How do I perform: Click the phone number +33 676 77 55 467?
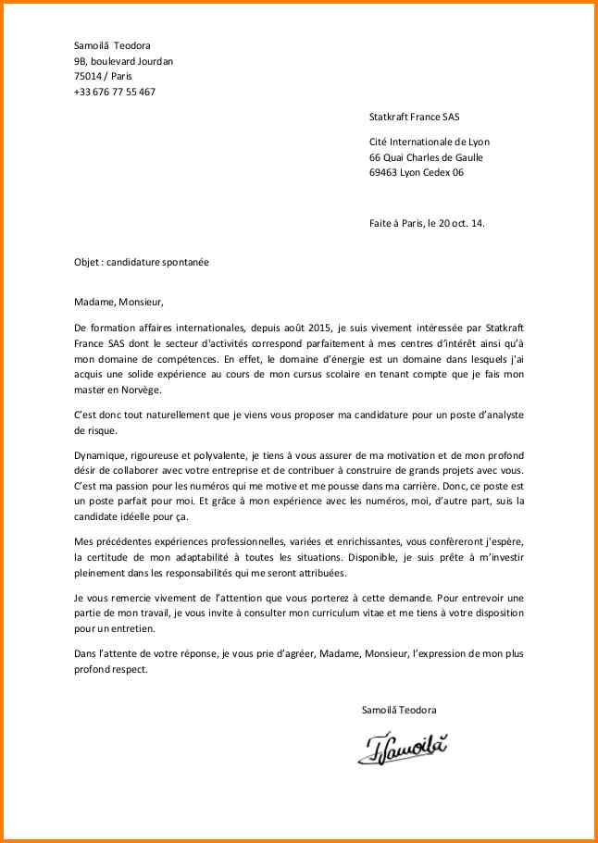[115, 92]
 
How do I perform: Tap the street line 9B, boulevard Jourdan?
[123, 62]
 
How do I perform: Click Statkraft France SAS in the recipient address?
[414, 118]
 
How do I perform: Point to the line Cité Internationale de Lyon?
[430, 142]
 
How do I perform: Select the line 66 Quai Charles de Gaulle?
[426, 157]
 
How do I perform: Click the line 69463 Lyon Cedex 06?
[417, 172]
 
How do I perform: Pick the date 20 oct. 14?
[463, 223]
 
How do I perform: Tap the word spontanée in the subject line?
[185, 262]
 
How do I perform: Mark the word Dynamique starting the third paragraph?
[100, 456]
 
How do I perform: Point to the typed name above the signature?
[399, 709]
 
